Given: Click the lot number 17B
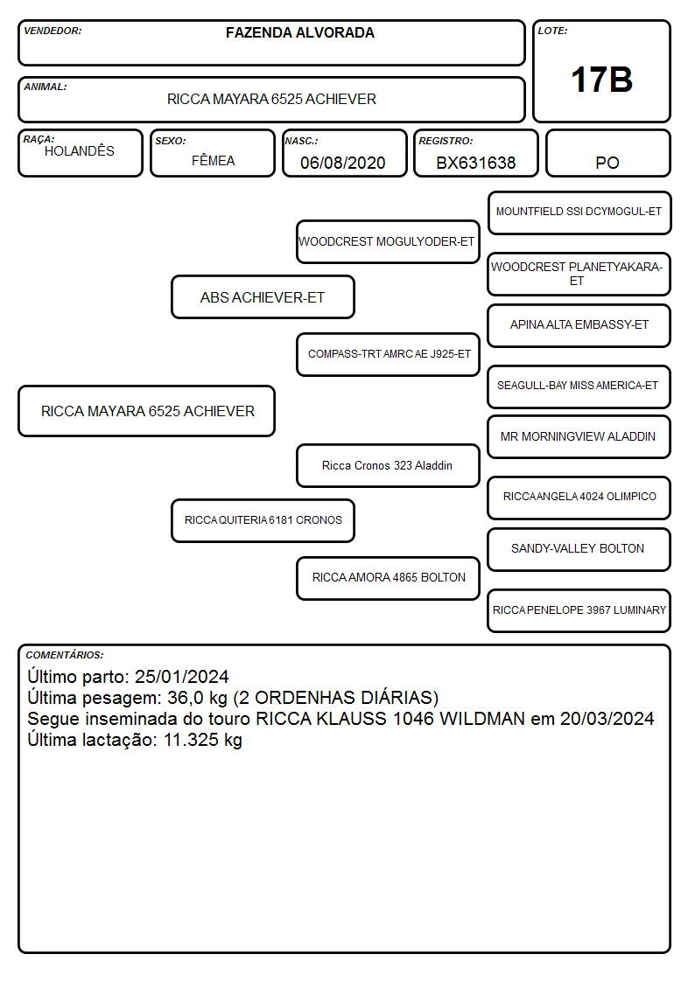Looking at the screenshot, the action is (x=601, y=80).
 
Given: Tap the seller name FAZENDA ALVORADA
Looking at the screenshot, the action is (x=300, y=32).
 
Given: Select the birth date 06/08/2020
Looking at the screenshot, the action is (x=343, y=163).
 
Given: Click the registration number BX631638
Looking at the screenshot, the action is (x=475, y=163).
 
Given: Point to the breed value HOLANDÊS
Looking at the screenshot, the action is (x=80, y=150).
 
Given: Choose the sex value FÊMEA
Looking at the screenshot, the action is (x=213, y=160).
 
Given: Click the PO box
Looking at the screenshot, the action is (x=607, y=153).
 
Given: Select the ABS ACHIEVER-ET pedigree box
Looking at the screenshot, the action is (x=263, y=296).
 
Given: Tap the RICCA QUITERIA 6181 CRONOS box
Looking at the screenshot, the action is (x=263, y=520).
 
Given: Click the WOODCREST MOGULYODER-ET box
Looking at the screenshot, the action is (x=388, y=241).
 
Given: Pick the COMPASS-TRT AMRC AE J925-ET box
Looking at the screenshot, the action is (x=388, y=354).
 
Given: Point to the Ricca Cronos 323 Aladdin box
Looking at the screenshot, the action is (x=388, y=465).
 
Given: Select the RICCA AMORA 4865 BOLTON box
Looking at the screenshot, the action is (x=388, y=578).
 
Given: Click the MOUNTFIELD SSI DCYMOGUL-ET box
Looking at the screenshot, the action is (x=579, y=213).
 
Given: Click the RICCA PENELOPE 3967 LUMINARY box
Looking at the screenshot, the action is (x=579, y=610).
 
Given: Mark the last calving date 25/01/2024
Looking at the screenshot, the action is (x=182, y=676).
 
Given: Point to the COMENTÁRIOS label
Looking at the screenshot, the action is (x=65, y=655).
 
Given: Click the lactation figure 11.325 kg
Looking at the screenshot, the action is (x=203, y=740).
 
